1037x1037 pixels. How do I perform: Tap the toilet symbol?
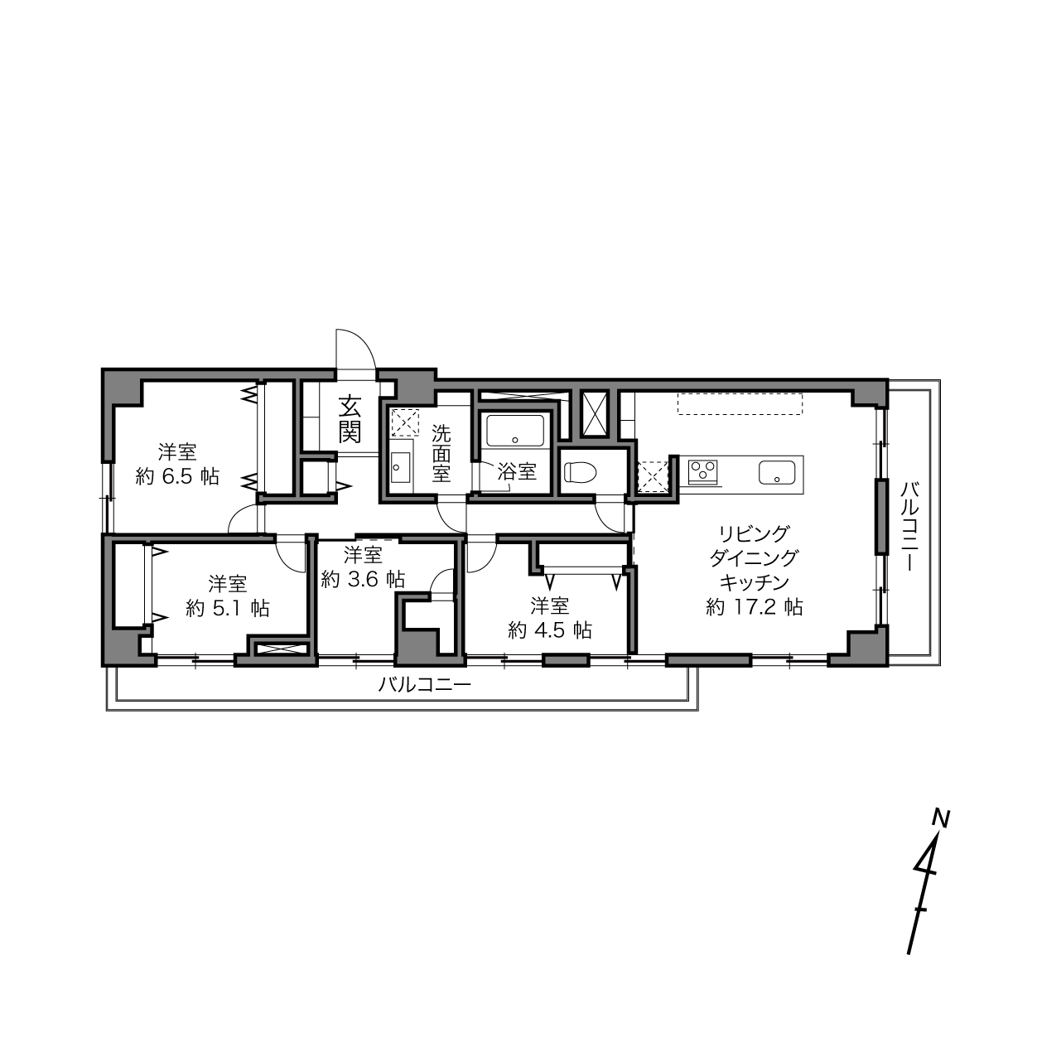tap(581, 473)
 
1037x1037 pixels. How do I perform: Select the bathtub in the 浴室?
tap(515, 430)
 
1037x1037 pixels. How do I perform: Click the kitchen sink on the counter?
tap(777, 472)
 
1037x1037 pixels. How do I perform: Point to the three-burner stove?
tap(704, 472)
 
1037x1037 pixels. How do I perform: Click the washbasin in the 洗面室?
tap(401, 468)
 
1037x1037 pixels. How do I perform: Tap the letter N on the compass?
tap(941, 819)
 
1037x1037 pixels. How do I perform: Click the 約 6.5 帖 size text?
tap(177, 476)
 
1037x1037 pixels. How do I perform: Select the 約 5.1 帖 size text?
tap(228, 608)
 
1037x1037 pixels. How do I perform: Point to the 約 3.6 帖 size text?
tap(363, 579)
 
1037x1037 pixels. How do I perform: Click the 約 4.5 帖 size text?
tap(550, 629)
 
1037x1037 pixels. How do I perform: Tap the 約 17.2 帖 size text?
tap(755, 607)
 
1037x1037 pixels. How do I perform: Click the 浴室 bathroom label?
tap(517, 472)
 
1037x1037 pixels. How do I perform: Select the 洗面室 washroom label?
tap(441, 453)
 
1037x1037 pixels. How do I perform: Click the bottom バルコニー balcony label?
tap(425, 685)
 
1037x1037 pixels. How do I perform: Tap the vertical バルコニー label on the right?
tap(909, 526)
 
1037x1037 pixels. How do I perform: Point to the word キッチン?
tap(755, 582)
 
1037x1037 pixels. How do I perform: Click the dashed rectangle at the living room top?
tap(740, 403)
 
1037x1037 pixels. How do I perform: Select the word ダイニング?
tap(754, 558)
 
